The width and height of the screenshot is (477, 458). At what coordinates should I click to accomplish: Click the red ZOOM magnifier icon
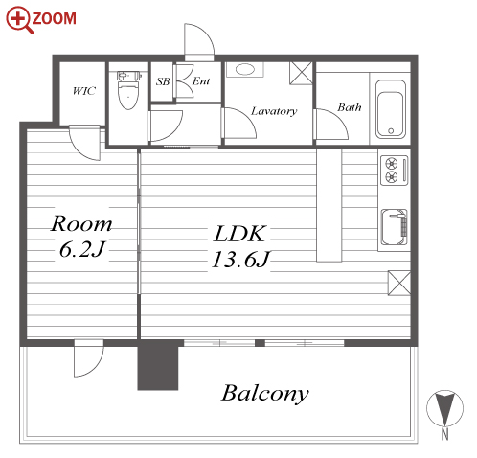(18, 20)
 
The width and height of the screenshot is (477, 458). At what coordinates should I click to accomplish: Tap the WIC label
(84, 91)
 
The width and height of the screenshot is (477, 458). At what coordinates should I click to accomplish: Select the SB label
(163, 81)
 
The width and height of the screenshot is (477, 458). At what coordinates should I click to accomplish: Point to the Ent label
(201, 81)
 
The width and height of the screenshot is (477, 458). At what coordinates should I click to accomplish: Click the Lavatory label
(274, 111)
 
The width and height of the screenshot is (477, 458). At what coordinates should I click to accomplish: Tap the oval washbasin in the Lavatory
(245, 69)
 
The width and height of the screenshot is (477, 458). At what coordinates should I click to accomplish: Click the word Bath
(350, 107)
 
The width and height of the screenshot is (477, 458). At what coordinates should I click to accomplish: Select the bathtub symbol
(391, 109)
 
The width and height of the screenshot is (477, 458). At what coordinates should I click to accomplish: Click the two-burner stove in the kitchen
(395, 171)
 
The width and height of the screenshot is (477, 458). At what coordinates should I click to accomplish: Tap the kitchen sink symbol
(395, 227)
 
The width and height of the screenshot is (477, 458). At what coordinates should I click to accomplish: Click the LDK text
(239, 234)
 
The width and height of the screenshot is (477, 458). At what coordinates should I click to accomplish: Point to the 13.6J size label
(241, 259)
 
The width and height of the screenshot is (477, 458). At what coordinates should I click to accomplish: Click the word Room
(81, 223)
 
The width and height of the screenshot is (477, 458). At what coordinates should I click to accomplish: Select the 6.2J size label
(82, 249)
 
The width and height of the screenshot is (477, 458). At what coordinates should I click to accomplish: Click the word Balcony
(265, 394)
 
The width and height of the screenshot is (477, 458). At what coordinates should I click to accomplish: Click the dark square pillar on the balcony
(158, 365)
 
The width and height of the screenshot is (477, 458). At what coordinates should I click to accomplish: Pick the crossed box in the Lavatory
(301, 74)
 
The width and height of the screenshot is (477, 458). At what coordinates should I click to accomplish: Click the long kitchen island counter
(329, 205)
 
